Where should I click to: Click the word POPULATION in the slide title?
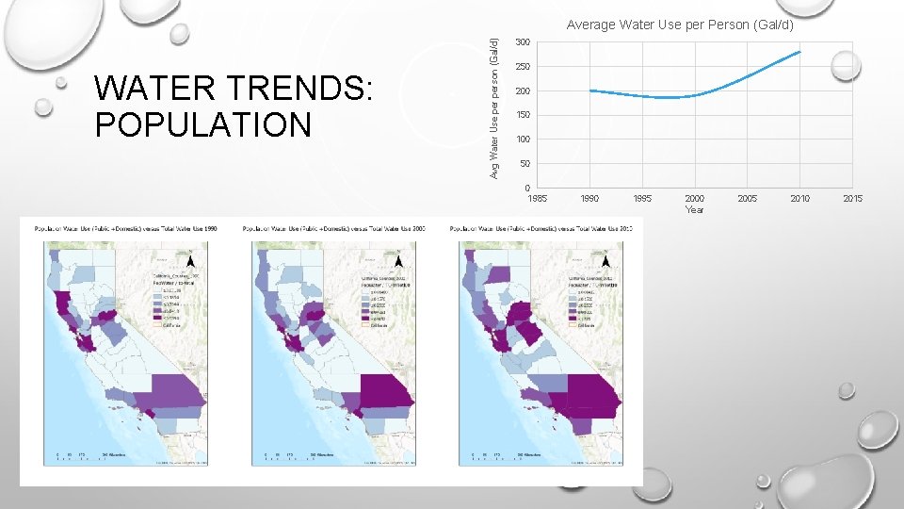pos(202,124)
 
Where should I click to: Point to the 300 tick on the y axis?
pos(523,42)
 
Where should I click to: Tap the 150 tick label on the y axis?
pos(523,115)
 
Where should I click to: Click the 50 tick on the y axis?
pos(525,164)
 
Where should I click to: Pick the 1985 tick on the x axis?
pos(538,199)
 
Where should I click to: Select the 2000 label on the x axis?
pos(694,199)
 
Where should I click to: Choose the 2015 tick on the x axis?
pos(852,199)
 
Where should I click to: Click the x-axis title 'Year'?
pos(694,209)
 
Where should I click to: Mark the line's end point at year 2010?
pos(799,52)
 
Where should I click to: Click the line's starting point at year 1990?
pos(590,90)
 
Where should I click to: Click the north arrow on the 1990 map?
pos(191,261)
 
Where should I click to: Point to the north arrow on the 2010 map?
pos(606,260)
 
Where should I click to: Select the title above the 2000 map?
pos(333,229)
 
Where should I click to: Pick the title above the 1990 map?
pos(125,229)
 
